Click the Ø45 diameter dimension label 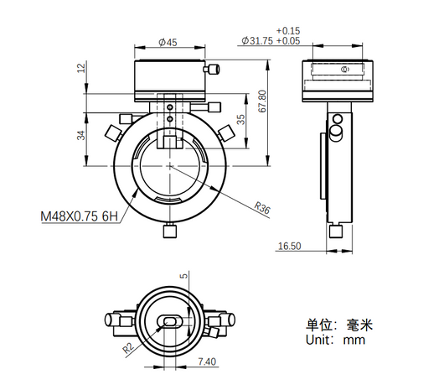pos(168,43)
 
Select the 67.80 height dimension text pos(262,101)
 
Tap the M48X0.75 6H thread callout pos(80,216)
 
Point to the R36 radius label pos(262,208)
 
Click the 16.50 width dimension pos(289,246)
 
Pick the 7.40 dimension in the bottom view pos(207,361)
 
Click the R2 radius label pos(128,348)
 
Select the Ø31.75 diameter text pos(257,41)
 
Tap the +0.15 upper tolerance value pos(288,30)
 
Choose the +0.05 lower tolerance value pos(288,41)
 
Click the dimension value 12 pos(81,68)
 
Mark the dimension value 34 pos(81,135)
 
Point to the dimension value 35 pos(240,119)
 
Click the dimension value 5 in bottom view pos(183,275)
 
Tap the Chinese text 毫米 pos(359,325)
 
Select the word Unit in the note pos(318,340)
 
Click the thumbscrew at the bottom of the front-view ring pos(170,230)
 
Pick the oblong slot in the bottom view pos(169,321)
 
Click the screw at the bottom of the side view pos(336,230)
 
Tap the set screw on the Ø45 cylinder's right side pos(211,69)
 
